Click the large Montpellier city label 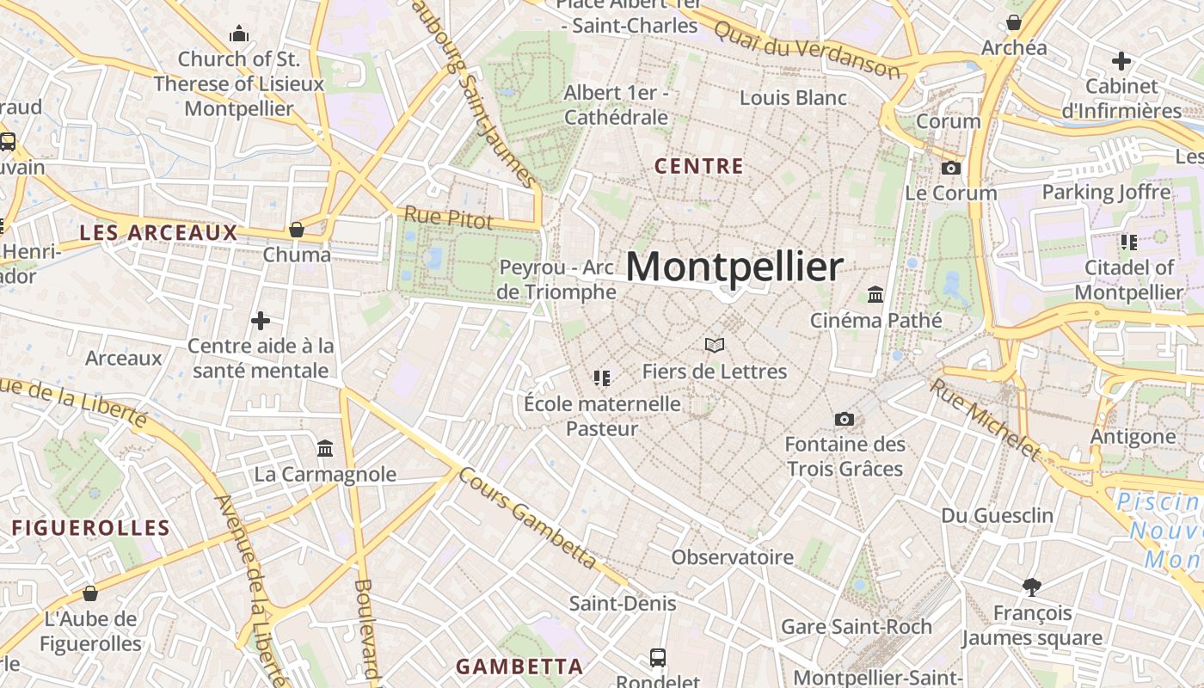[x=734, y=267]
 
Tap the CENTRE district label [x=698, y=166]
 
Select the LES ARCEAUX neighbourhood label [x=158, y=232]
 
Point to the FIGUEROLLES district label [x=91, y=528]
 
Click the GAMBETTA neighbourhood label [x=519, y=666]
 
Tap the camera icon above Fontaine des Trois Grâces [x=845, y=419]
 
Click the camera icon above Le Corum [x=951, y=168]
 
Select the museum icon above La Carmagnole [x=325, y=448]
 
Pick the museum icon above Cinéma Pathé [x=875, y=295]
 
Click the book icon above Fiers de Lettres [x=714, y=345]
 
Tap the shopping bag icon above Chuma [x=297, y=230]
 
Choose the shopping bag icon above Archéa [x=1014, y=22]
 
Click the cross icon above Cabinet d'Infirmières [x=1121, y=61]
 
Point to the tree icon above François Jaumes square [x=1032, y=587]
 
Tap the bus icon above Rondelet [x=658, y=658]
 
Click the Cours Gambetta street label [x=527, y=518]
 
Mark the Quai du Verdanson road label [x=807, y=49]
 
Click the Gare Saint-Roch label [x=856, y=626]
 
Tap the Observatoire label [x=732, y=557]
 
